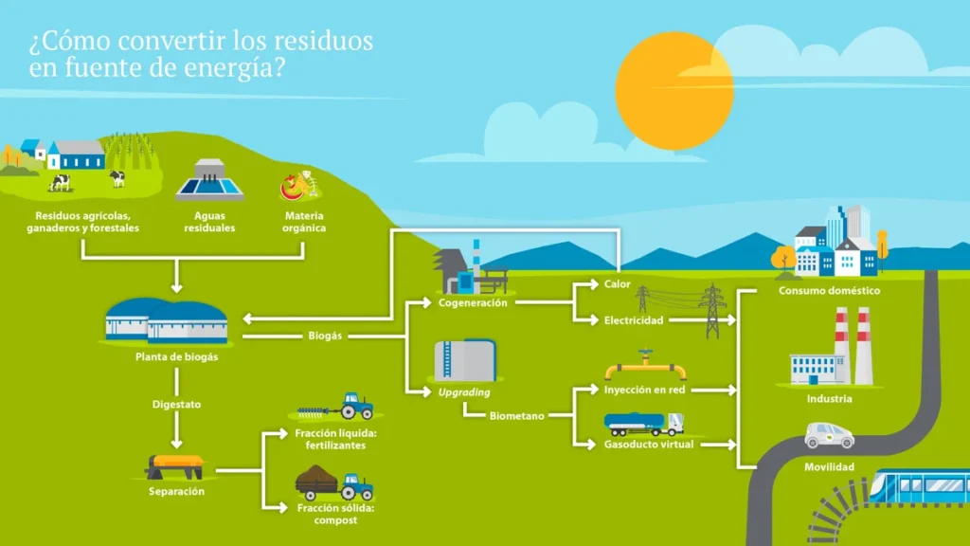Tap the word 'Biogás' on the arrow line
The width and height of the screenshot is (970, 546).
point(325,336)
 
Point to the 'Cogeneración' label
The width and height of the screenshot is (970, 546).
point(473,303)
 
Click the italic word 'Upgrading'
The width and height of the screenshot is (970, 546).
point(463,391)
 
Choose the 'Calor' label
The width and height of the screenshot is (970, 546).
point(618,284)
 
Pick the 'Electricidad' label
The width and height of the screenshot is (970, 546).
point(634,320)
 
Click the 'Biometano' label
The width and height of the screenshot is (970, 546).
point(517,415)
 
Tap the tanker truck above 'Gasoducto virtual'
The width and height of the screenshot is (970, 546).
point(644,424)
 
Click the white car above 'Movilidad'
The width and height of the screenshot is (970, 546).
point(829,435)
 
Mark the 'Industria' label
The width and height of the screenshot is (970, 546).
point(829,399)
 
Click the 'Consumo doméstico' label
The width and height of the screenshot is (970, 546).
point(829,291)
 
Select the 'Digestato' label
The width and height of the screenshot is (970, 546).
point(176,405)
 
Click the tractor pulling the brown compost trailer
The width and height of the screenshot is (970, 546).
point(356,486)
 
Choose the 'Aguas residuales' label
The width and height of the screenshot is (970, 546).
point(209,222)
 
